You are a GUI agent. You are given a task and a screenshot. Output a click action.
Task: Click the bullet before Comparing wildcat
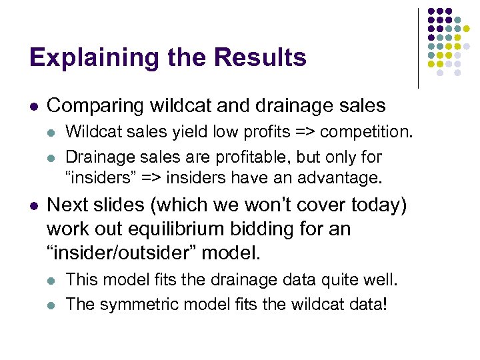[x=33, y=106]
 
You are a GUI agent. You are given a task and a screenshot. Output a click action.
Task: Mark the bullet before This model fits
[x=52, y=280]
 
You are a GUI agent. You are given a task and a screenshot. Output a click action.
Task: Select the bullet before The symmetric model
[x=52, y=305]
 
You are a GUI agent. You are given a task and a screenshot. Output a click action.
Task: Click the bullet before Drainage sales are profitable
[x=52, y=158]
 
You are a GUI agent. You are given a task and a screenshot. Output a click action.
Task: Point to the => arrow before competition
[x=319, y=133]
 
